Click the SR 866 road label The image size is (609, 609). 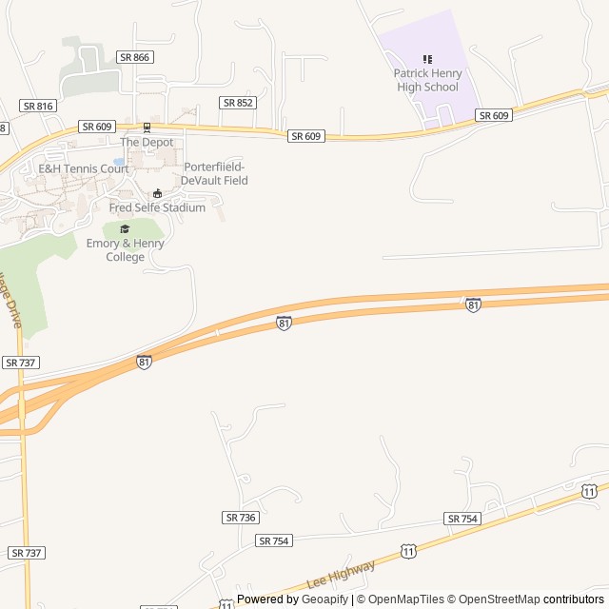(135, 57)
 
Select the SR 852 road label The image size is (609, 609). (238, 102)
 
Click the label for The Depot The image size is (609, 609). (147, 142)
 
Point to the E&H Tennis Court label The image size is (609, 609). (83, 168)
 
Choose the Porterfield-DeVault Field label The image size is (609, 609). (215, 173)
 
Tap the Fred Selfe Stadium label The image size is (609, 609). (157, 207)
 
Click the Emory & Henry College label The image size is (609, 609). (125, 250)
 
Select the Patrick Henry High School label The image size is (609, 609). (427, 80)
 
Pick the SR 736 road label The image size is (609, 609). (241, 517)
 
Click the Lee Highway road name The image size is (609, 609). (341, 575)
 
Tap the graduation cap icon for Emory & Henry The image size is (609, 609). (125, 228)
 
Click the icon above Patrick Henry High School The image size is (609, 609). (427, 59)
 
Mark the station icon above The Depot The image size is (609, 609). (147, 128)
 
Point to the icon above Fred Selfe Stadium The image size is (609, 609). (157, 194)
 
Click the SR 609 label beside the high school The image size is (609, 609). (495, 115)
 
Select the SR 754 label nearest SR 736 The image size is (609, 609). (273, 540)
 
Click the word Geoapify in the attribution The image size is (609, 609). (324, 599)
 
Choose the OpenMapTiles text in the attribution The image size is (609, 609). (407, 599)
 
